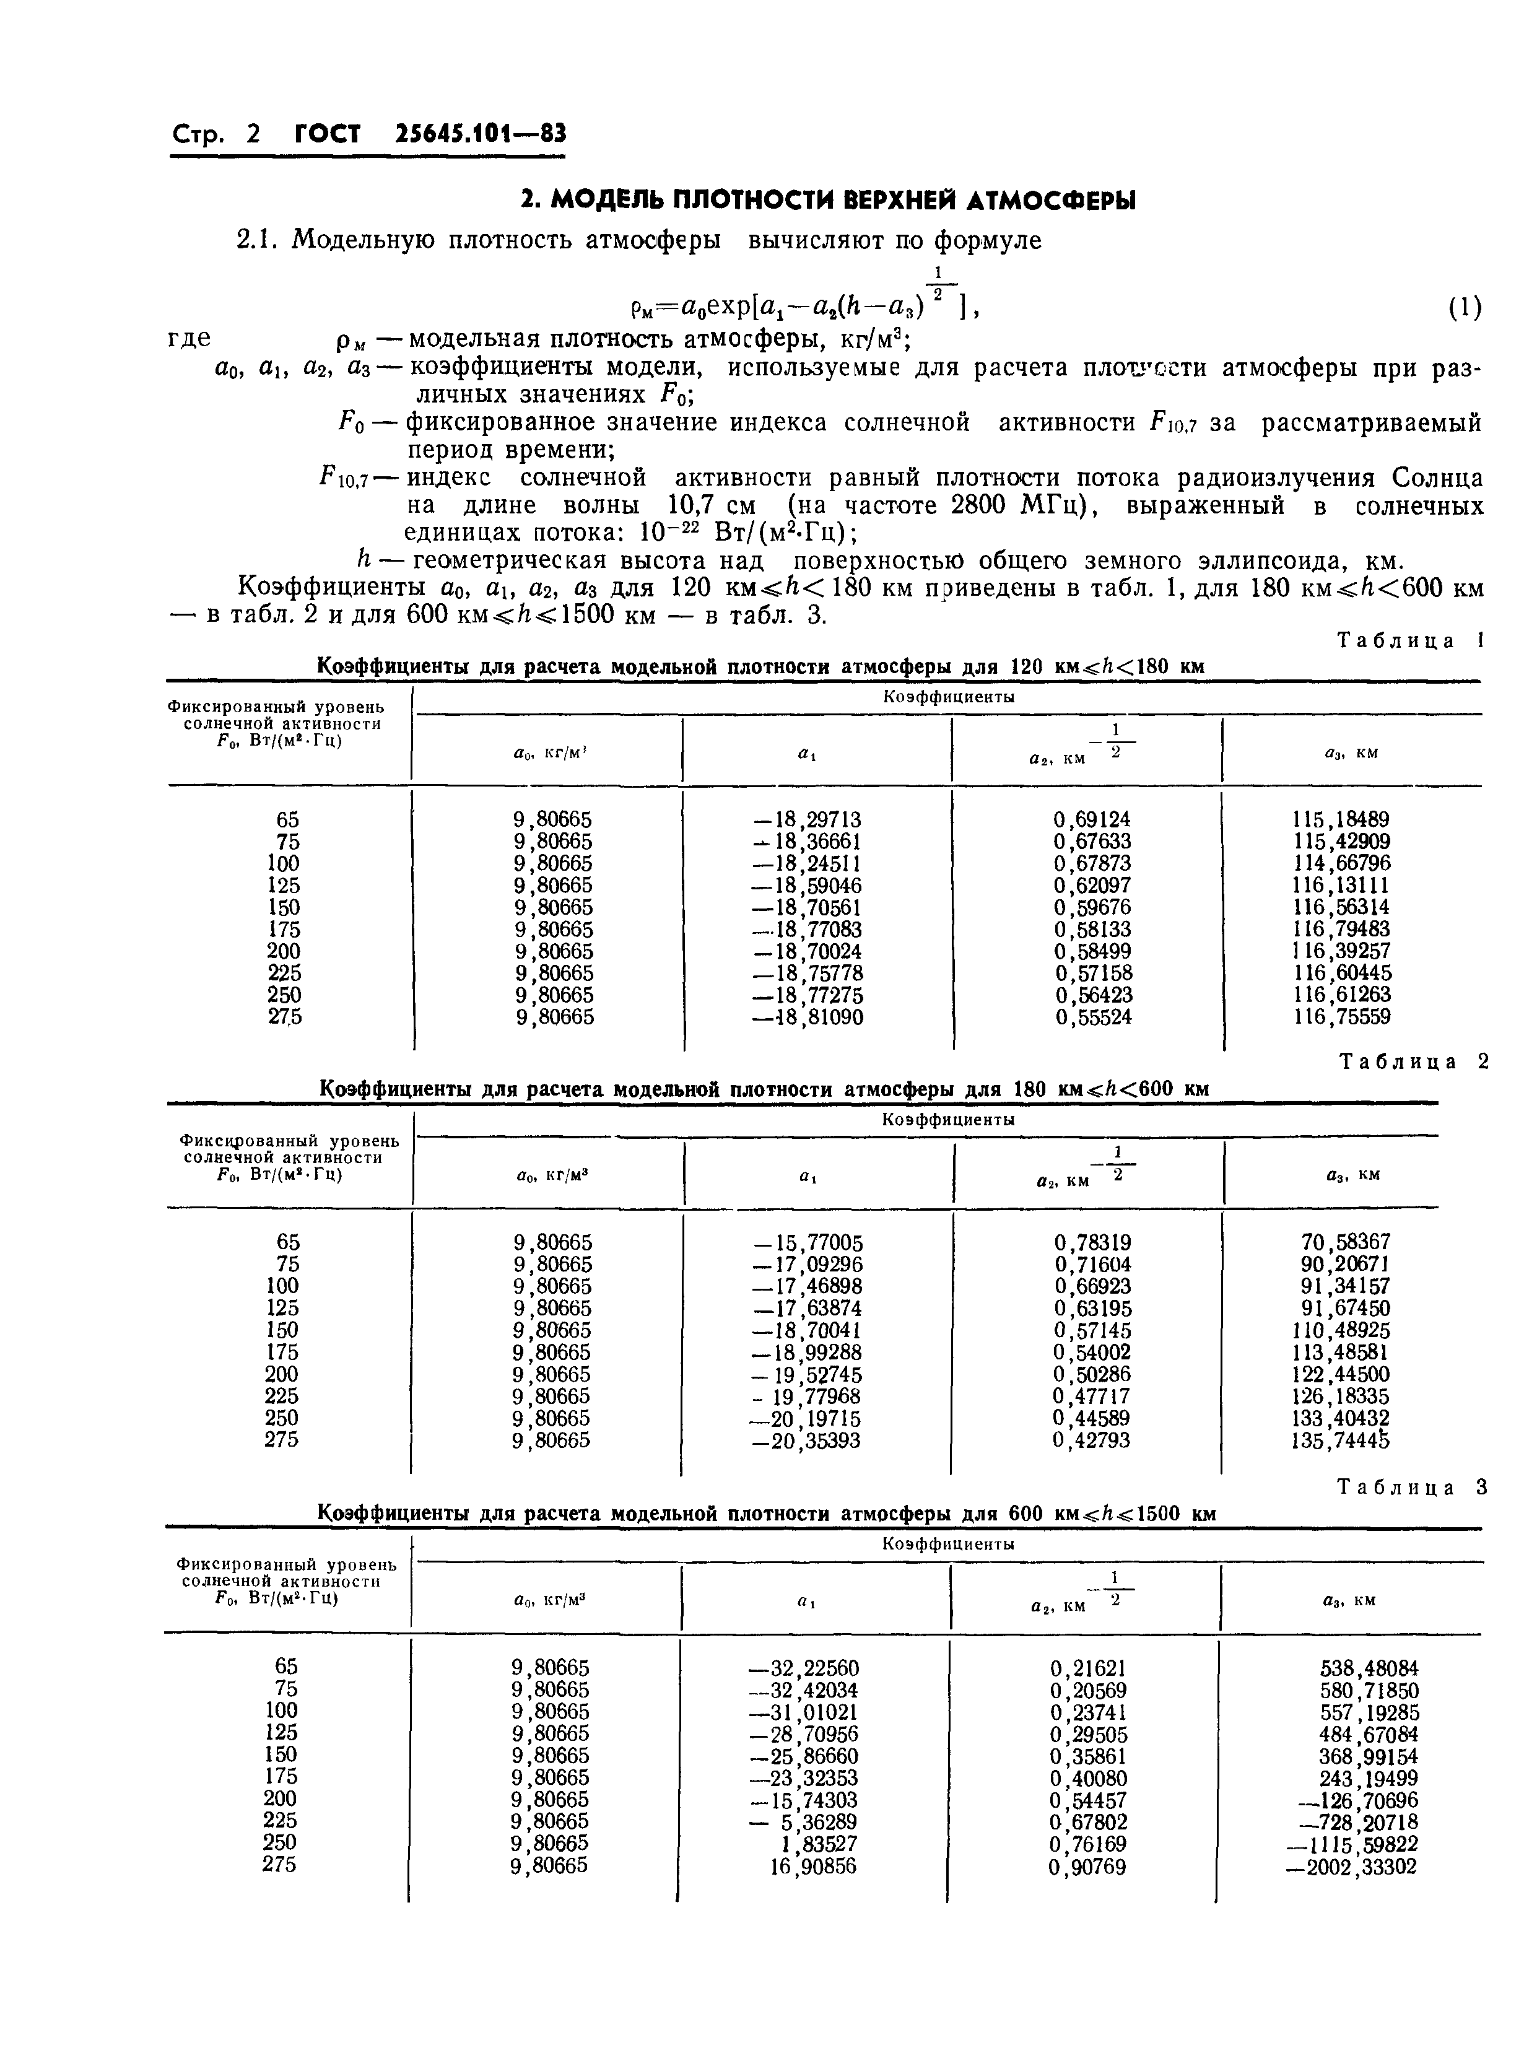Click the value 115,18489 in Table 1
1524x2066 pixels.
1341,819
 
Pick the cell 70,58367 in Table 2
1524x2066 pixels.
1345,1242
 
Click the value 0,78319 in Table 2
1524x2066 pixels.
1092,1242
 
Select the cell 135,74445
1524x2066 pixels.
1341,1440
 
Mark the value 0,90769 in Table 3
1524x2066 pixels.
1089,1867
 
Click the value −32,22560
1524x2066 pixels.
803,1668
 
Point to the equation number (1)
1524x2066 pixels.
1464,308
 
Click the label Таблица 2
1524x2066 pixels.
1413,1061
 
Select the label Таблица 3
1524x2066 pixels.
1411,1488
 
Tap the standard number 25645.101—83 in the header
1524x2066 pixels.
480,134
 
